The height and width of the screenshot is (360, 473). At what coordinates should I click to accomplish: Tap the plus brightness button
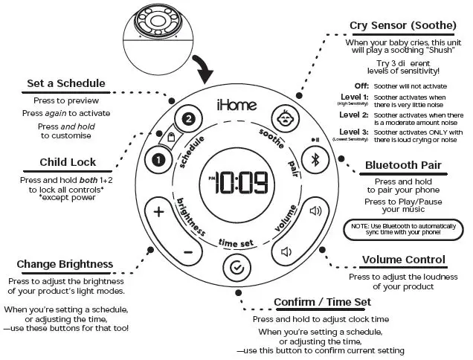(x=158, y=211)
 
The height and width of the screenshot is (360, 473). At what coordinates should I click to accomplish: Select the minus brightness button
(x=187, y=251)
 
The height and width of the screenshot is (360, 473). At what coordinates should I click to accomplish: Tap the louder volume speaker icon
(x=315, y=211)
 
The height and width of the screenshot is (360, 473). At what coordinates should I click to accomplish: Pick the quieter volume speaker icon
(x=286, y=251)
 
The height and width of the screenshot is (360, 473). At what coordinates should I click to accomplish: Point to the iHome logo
(x=236, y=104)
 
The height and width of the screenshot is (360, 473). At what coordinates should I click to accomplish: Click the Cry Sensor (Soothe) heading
(x=402, y=25)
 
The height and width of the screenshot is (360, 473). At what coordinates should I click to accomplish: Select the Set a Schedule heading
(x=66, y=83)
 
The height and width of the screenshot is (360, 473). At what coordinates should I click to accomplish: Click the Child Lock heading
(x=66, y=162)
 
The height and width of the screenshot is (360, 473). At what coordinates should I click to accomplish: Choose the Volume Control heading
(x=404, y=260)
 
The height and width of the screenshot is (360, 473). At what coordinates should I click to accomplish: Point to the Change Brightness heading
(x=65, y=264)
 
